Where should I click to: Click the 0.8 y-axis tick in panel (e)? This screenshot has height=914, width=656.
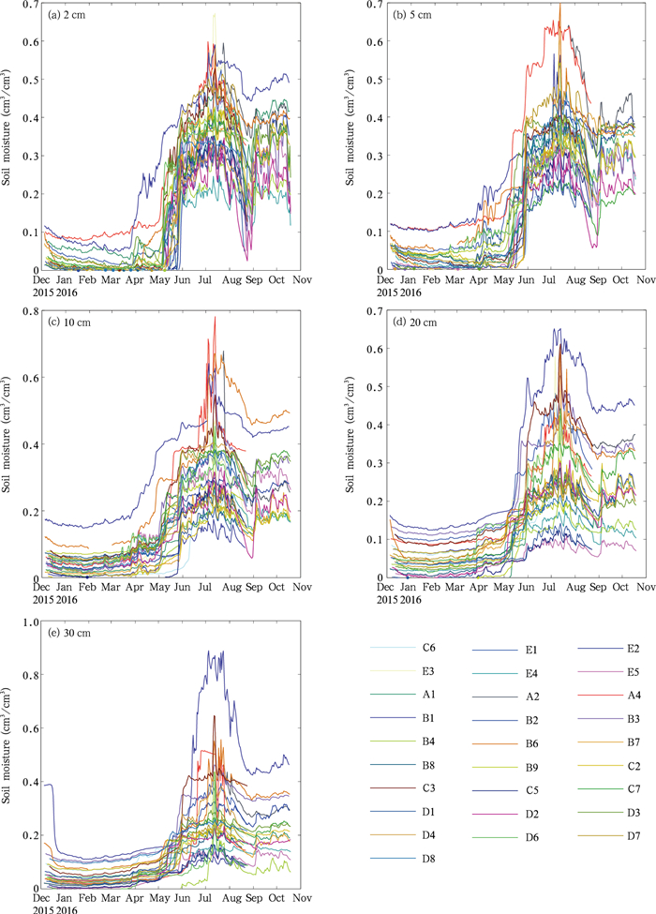click(x=28, y=675)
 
